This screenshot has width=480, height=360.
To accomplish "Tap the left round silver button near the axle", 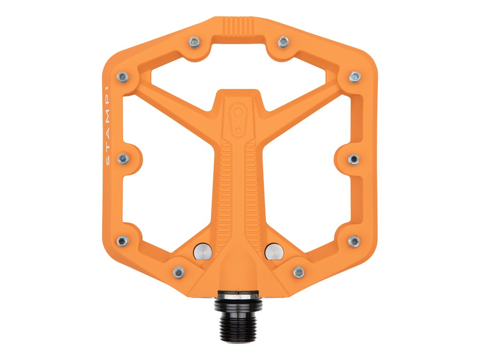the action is tap(203, 251).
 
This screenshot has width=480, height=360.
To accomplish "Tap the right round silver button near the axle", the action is tap(275, 251).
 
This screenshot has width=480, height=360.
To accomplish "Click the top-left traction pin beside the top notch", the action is tap(195, 41).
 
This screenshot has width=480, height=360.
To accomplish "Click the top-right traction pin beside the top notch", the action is tap(283, 41).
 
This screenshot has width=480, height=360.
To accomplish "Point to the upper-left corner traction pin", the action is tap(123, 76).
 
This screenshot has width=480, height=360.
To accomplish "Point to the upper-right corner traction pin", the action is tap(354, 76).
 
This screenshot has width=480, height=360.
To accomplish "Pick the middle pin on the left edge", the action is tap(123, 158).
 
